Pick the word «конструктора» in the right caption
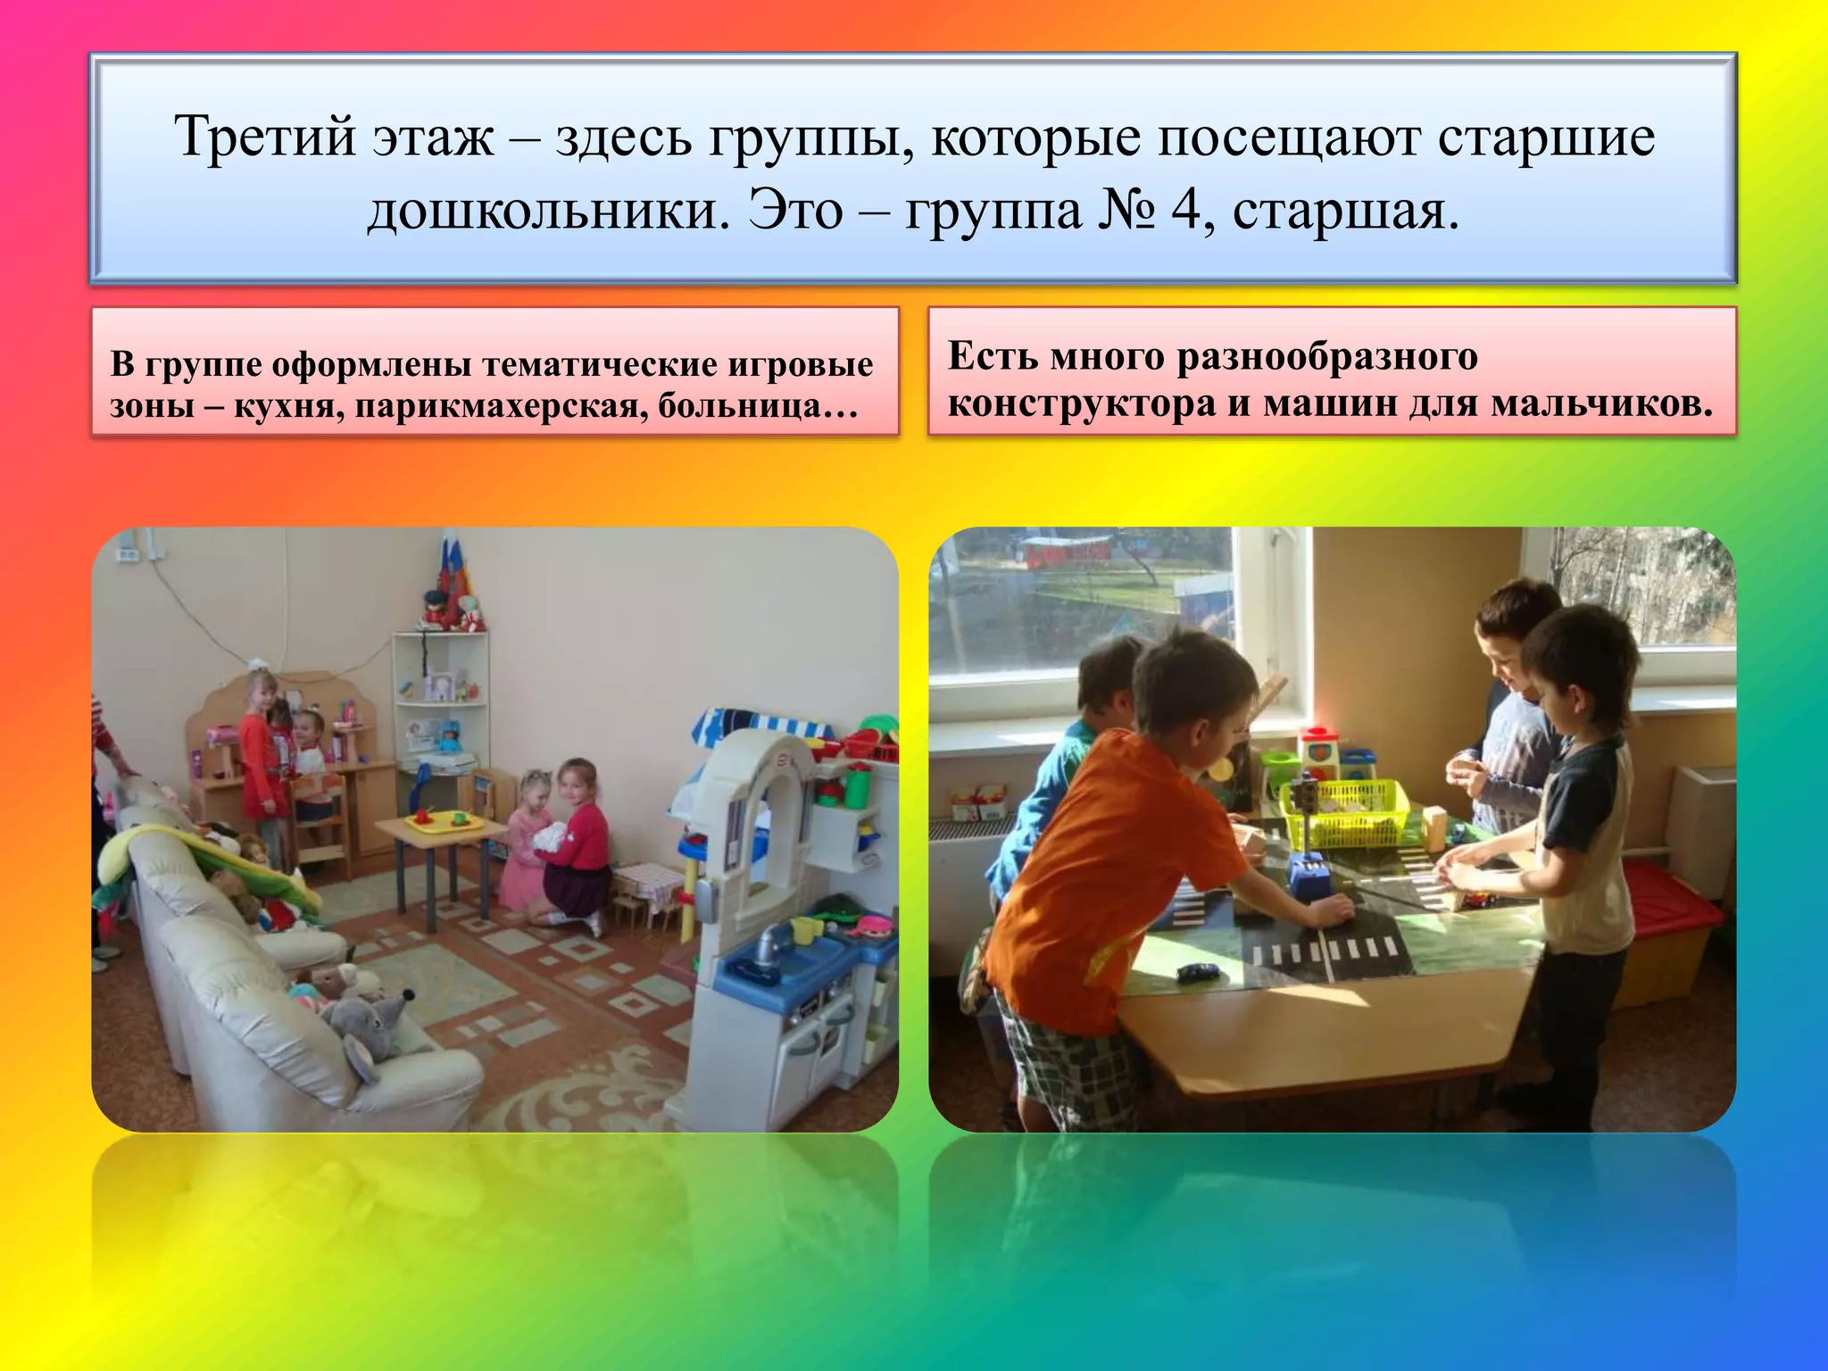pos(1082,403)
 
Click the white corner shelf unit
pos(440,705)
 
